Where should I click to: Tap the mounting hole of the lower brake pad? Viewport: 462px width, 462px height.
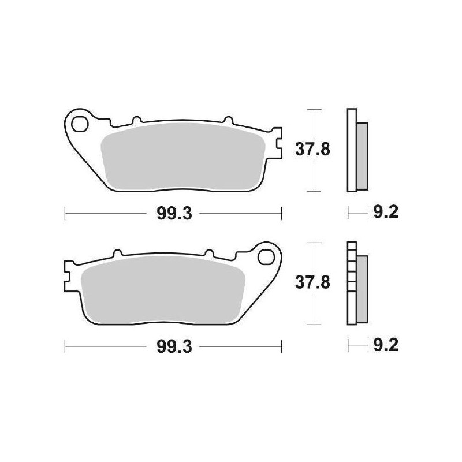tap(267, 254)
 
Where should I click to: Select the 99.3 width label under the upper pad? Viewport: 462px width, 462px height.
tap(173, 214)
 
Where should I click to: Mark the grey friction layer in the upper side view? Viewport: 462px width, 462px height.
tap(361, 156)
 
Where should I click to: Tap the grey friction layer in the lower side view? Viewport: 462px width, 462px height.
tap(361, 289)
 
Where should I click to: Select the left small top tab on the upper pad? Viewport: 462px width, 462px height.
tap(136, 120)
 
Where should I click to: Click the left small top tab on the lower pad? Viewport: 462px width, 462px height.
tap(117, 253)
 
